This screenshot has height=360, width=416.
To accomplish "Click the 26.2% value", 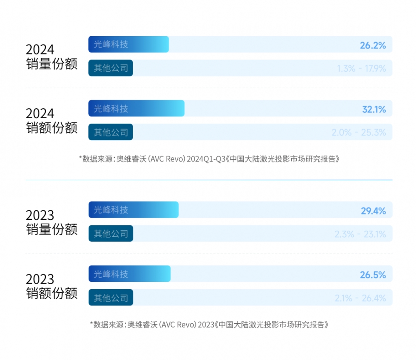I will coord(373,45).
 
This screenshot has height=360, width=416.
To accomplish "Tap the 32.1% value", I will coord(374,109).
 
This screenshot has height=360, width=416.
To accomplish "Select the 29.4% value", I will coord(373,211).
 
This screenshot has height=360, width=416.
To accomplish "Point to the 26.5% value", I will coord(373,275).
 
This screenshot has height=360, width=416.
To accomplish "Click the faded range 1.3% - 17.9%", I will coord(362,68).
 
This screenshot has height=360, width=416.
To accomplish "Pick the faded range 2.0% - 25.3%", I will coord(359,133).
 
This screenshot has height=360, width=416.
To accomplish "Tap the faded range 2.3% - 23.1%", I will coord(360,234).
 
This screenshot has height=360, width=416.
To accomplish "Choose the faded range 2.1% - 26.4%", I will coord(360,298).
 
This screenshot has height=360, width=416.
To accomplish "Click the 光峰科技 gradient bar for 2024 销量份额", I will coord(128,45).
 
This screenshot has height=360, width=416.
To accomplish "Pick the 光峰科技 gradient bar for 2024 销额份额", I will coord(136,109).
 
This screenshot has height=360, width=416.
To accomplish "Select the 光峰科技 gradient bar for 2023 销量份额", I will coord(133,210).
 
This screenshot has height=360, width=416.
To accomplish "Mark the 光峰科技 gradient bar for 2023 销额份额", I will coord(129,274).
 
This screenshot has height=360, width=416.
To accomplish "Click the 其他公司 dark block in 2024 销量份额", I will coord(111,68).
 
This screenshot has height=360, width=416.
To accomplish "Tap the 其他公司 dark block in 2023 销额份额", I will coord(111,298).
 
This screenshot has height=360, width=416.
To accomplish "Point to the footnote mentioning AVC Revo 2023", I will coord(212,324).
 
